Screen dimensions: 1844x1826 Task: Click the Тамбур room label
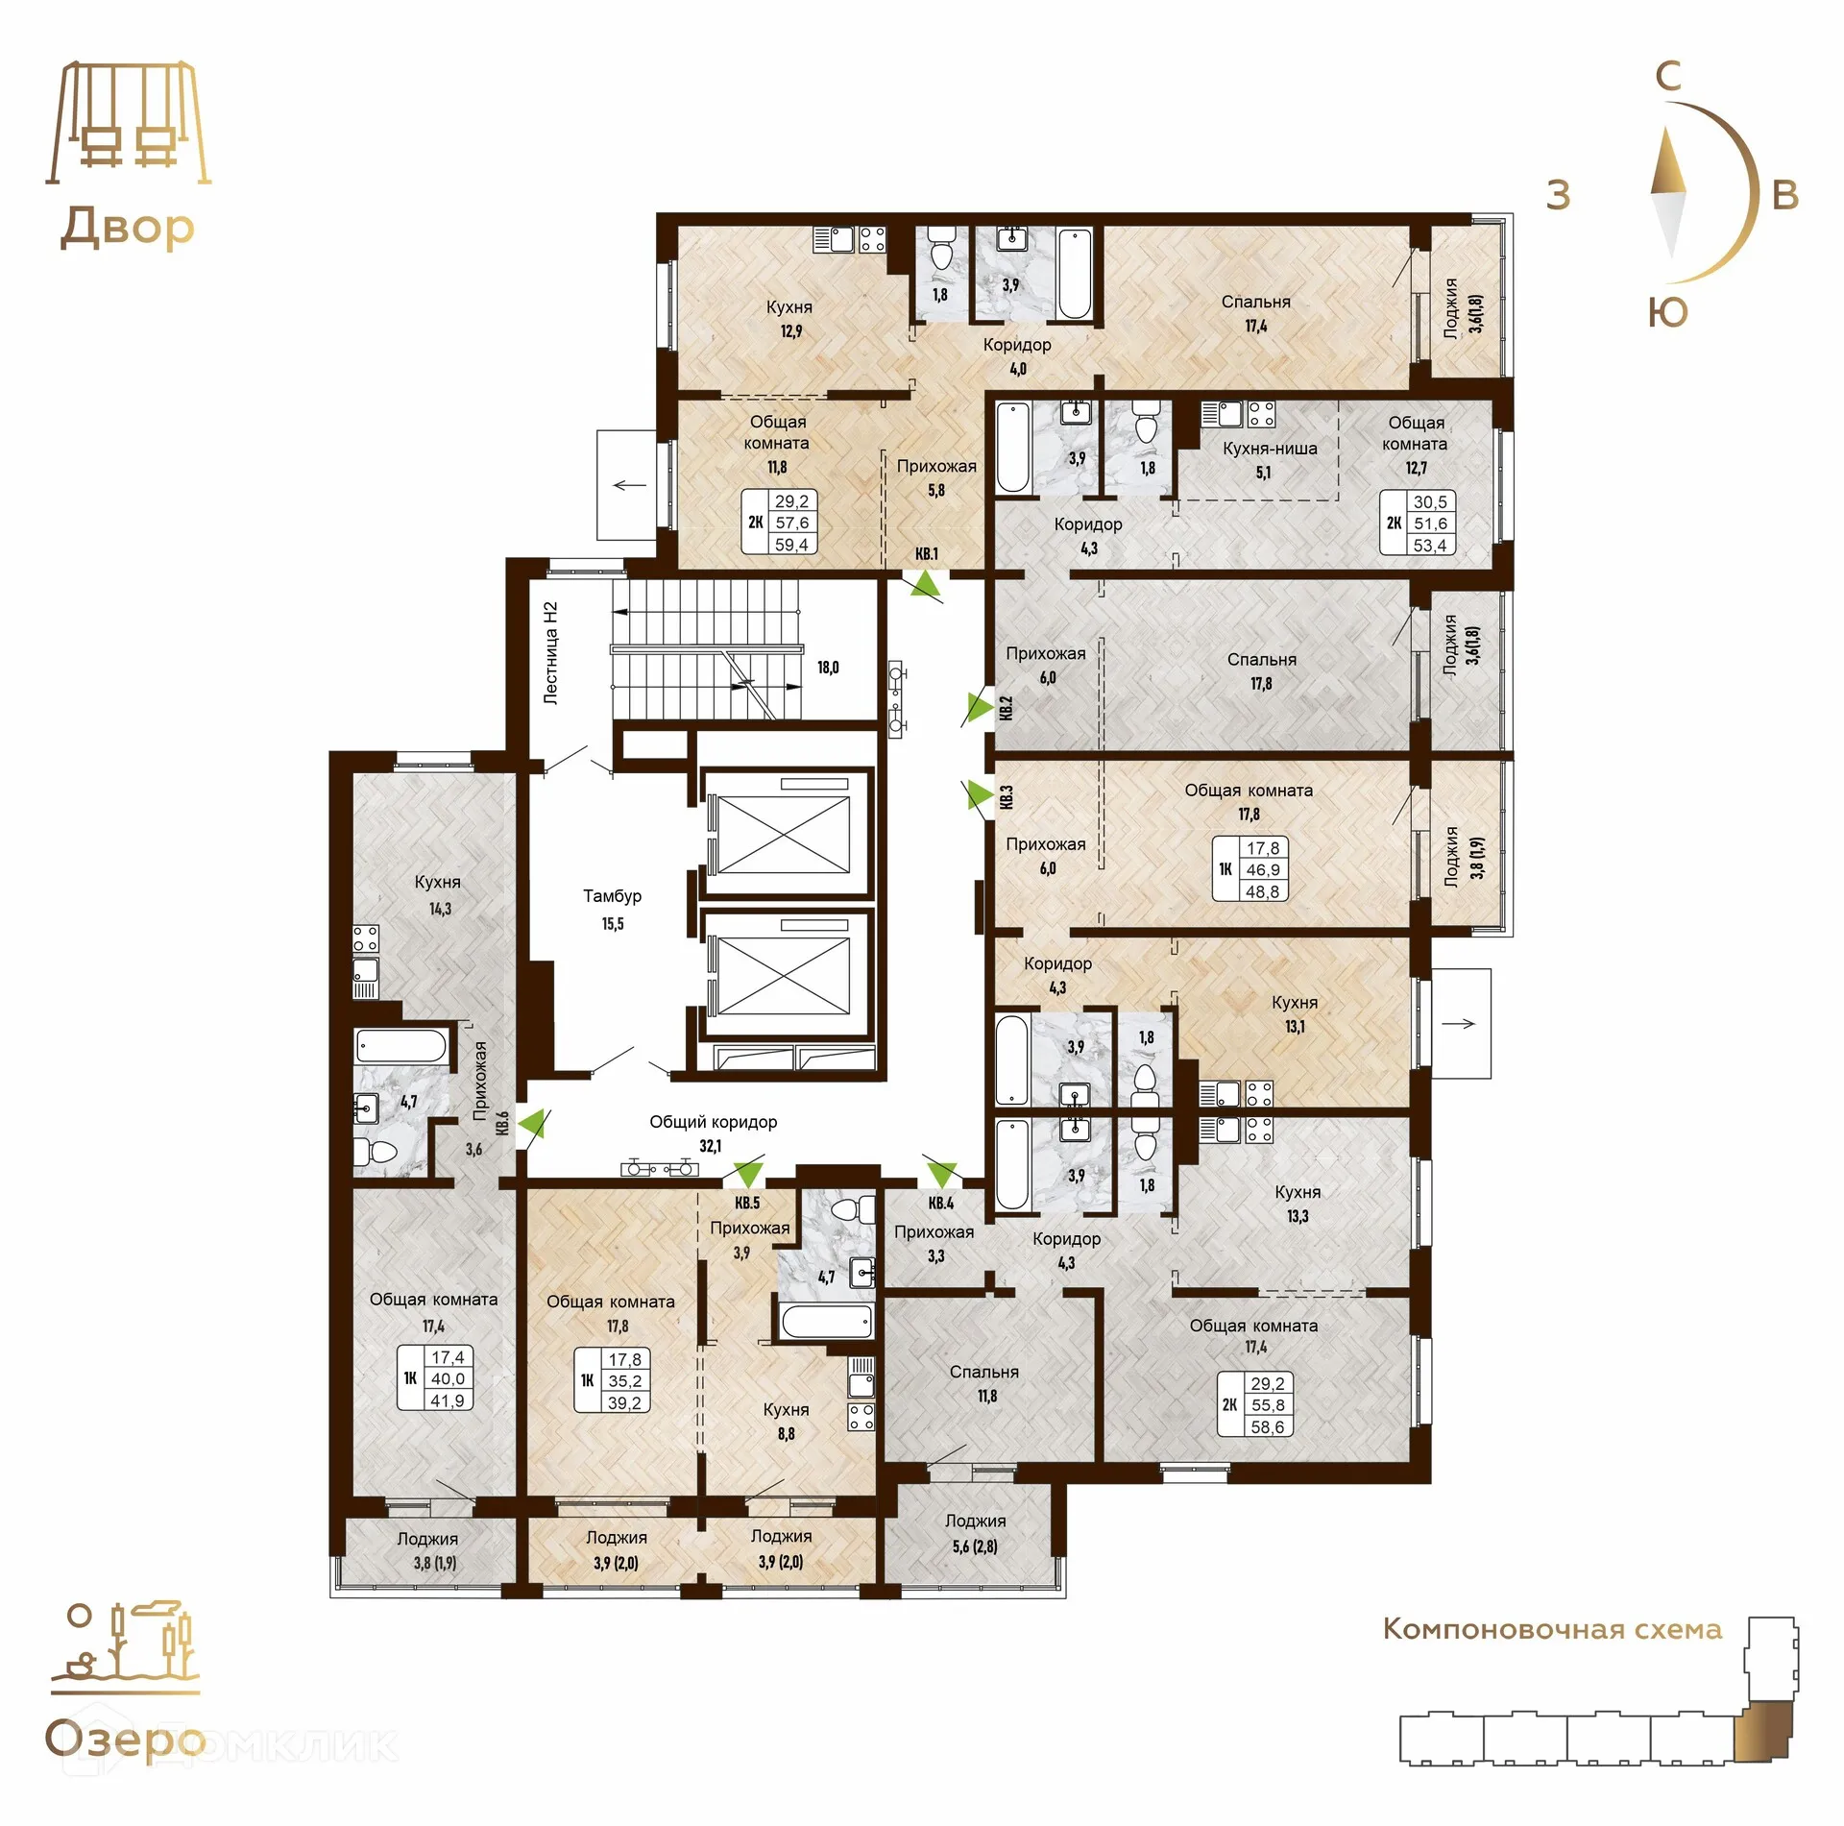pyautogui.click(x=612, y=896)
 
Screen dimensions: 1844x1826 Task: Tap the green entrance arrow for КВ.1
pyautogui.click(x=926, y=582)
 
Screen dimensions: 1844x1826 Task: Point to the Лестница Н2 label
pyautogui.click(x=550, y=653)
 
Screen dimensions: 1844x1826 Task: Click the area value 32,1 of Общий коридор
pyautogui.click(x=711, y=1146)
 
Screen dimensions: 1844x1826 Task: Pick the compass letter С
pyautogui.click(x=1669, y=76)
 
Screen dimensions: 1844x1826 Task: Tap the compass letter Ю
pyautogui.click(x=1667, y=312)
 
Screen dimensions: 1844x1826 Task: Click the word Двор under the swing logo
pyautogui.click(x=127, y=228)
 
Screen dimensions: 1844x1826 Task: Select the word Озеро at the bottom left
pyautogui.click(x=126, y=1739)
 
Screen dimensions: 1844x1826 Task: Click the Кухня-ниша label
pyautogui.click(x=1270, y=449)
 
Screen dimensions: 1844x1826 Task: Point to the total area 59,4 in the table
pyautogui.click(x=791, y=545)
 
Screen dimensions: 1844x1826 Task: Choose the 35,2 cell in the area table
pyautogui.click(x=624, y=1381)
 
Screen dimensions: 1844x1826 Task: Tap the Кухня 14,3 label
pyautogui.click(x=438, y=894)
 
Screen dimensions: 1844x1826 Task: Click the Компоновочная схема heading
pyautogui.click(x=1552, y=1630)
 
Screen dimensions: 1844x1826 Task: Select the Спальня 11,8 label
pyautogui.click(x=984, y=1384)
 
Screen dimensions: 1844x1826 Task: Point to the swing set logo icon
pyautogui.click(x=128, y=123)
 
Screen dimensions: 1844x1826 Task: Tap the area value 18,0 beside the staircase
pyautogui.click(x=828, y=668)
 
